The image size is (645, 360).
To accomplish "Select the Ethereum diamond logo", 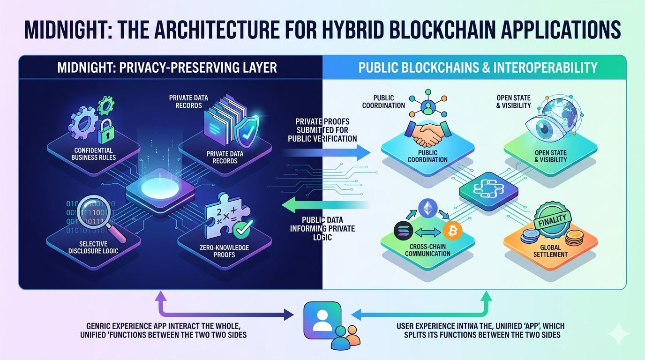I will [x=427, y=208].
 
